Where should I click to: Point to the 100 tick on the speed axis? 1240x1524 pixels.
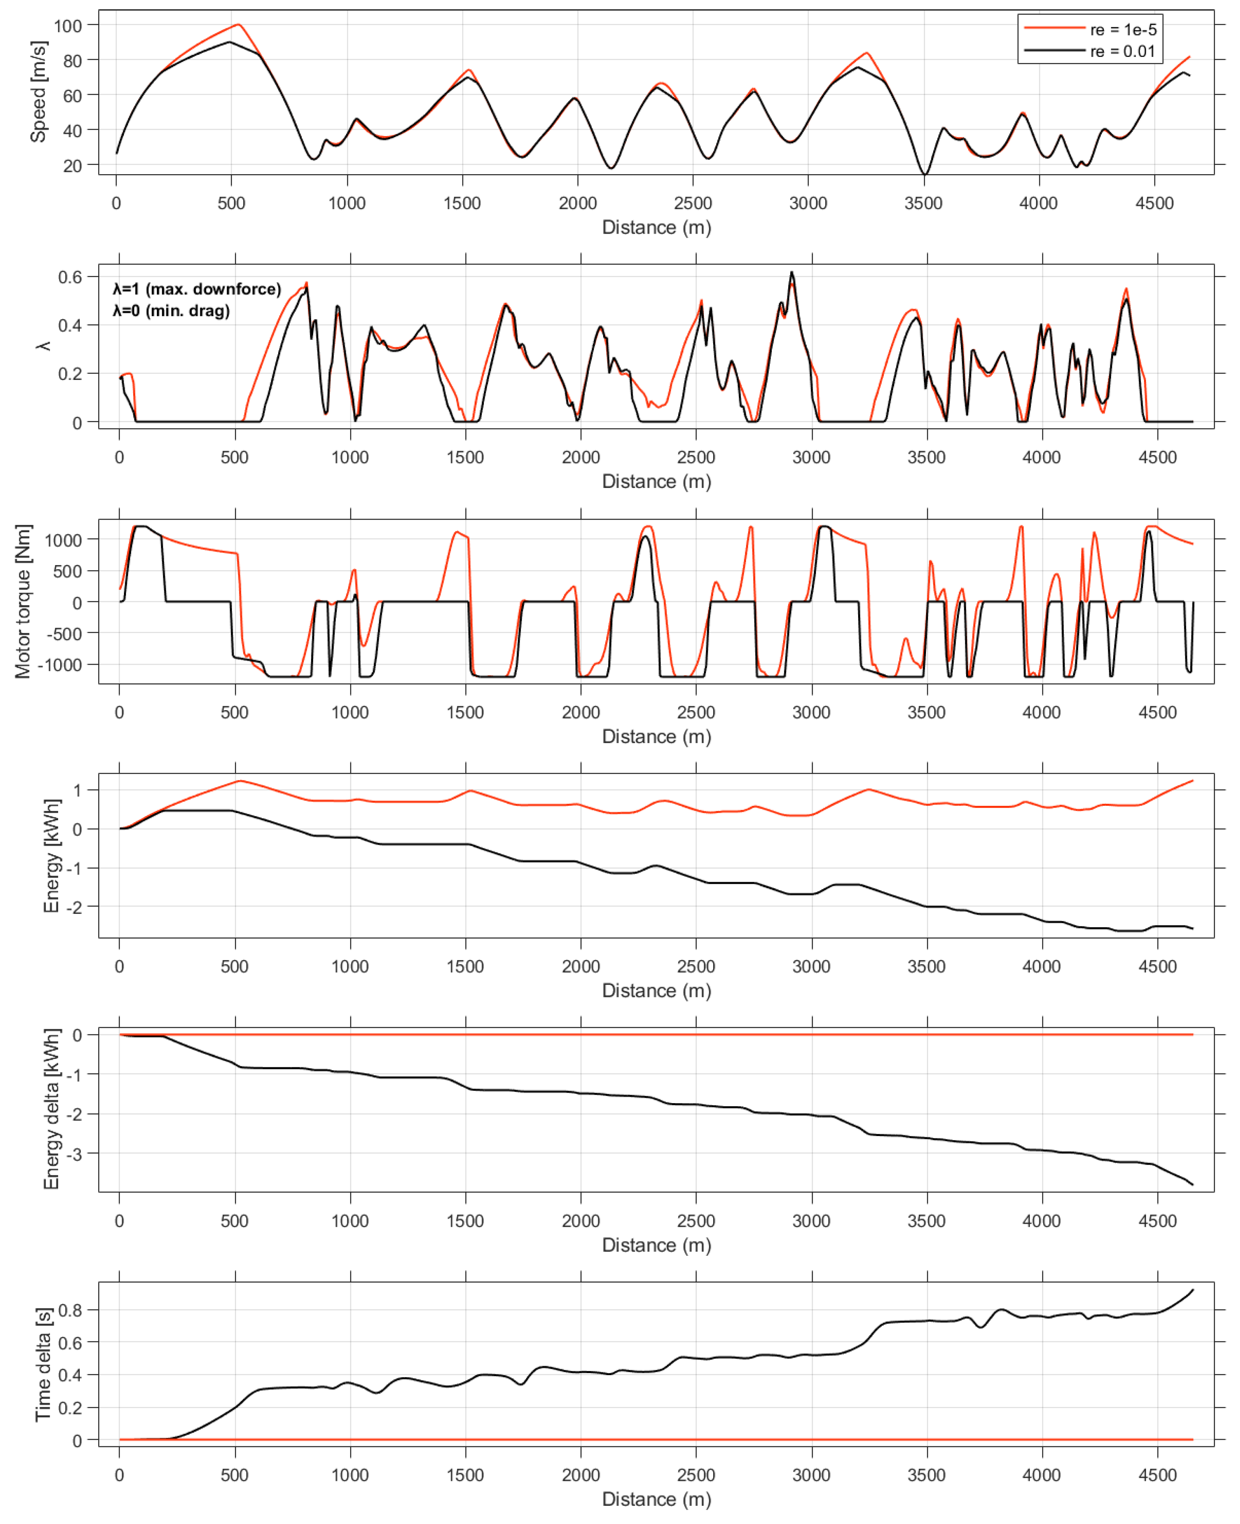68,26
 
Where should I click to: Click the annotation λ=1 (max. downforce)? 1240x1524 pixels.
196,289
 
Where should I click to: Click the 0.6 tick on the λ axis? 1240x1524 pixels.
70,277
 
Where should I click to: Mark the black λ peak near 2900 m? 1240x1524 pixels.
792,272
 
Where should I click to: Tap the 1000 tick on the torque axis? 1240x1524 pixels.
63,540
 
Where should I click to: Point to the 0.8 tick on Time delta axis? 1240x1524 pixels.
70,1310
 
